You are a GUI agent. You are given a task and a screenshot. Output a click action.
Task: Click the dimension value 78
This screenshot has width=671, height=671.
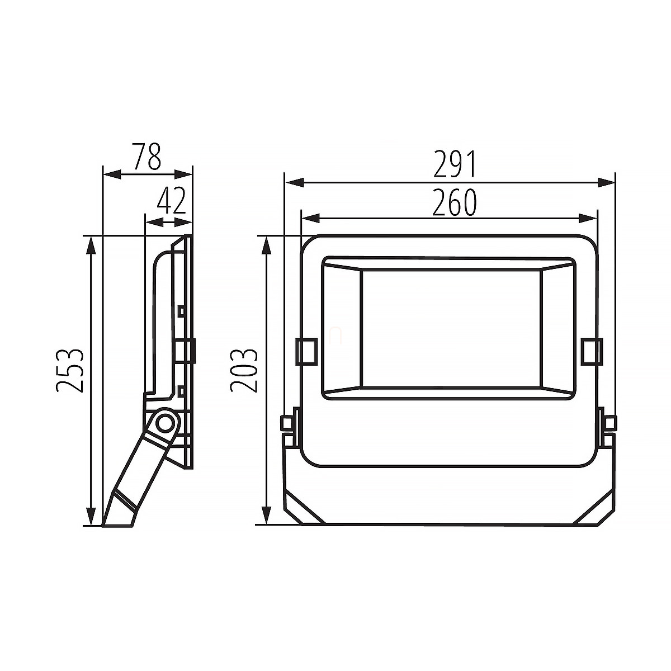click(148, 156)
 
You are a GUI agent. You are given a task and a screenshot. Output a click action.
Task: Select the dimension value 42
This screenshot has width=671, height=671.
click(171, 201)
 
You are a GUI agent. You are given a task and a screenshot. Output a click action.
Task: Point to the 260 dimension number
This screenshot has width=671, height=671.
click(454, 202)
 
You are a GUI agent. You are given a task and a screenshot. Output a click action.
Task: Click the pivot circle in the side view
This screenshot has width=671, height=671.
click(164, 423)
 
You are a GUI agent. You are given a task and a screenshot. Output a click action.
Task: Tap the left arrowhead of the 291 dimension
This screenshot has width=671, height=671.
click(295, 182)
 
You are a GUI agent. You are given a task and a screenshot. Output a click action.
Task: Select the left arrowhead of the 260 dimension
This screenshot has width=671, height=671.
click(311, 219)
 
